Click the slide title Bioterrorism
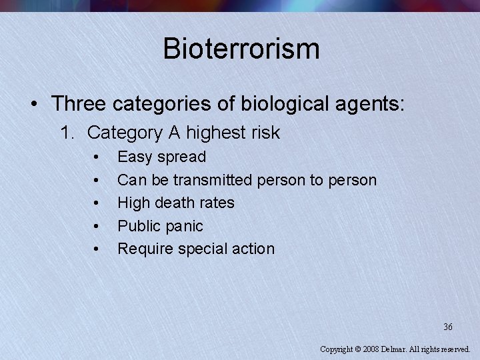pyautogui.click(x=241, y=49)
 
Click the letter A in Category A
pyautogui.click(x=174, y=133)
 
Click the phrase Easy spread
pyautogui.click(x=162, y=157)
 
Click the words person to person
pyautogui.click(x=317, y=180)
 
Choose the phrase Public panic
pyautogui.click(x=160, y=226)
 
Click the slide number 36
pyautogui.click(x=448, y=327)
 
